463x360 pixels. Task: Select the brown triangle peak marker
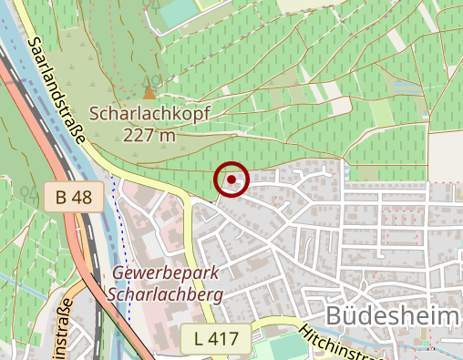149,93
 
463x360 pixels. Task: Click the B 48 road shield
72,196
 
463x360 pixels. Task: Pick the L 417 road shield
215,339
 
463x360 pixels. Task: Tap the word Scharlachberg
163,294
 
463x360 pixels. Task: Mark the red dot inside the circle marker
232,179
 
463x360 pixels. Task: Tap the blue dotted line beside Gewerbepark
121,237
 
